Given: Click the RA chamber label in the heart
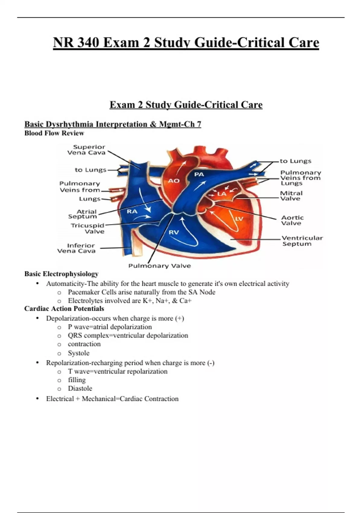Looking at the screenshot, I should click(132, 212).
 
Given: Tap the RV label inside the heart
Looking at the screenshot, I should click(174, 232).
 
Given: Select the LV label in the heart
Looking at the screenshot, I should click(239, 218).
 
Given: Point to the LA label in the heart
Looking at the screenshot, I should click(222, 194).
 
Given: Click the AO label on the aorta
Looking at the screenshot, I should click(174, 181).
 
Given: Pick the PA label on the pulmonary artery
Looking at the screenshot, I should click(199, 174).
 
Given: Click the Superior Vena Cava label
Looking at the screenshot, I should click(87, 150).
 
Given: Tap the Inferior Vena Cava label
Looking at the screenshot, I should click(77, 248).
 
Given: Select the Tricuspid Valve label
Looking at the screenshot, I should click(88, 228).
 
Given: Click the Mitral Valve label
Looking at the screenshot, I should click(291, 196).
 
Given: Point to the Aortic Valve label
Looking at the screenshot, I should click(292, 220).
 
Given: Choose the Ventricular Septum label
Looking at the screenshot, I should click(302, 241).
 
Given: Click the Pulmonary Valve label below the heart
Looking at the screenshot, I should click(160, 266).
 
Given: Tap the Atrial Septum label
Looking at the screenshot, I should click(83, 214).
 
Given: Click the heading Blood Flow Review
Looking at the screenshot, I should click(54, 133).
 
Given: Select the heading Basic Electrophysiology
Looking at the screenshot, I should click(62, 274).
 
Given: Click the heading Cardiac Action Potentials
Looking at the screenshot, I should click(64, 309).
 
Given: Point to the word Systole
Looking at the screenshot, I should click(78, 353).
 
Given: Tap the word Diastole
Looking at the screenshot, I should click(80, 388).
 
